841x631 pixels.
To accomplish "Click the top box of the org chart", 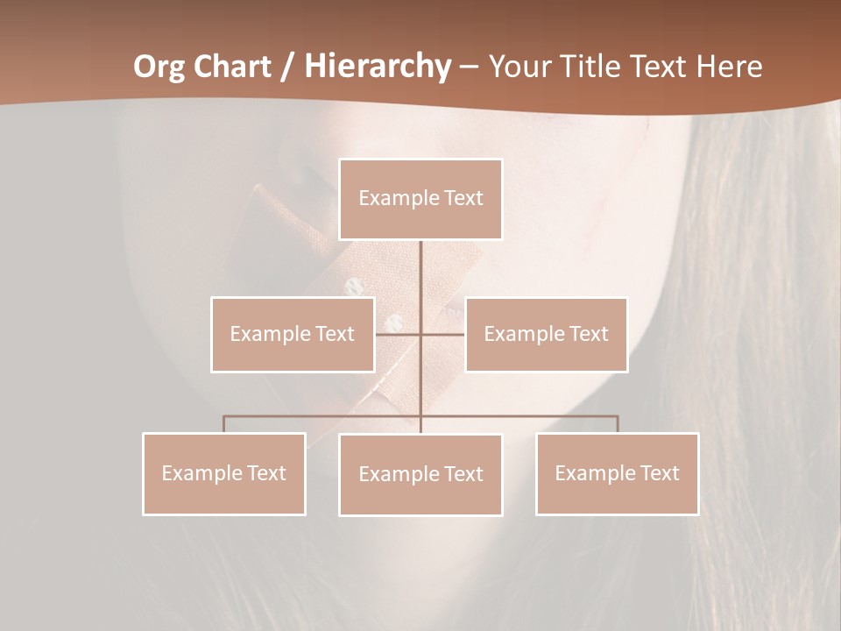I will pos(420,199).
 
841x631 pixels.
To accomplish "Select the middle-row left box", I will pos(293,334).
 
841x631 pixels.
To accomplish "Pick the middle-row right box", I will pos(546,334).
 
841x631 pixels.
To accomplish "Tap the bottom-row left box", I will pos(224,473).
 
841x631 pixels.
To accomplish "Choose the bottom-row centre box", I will pos(420,474).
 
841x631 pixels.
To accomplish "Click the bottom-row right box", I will pos(617,473).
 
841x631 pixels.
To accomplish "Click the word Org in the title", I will pos(159,67).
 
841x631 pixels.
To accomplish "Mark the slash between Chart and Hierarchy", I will pos(288,67).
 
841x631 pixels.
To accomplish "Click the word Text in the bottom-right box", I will pos(660,473).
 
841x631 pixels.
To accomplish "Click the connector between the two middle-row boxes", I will pos(420,334).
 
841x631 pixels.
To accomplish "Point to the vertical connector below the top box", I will pos(420,272).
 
